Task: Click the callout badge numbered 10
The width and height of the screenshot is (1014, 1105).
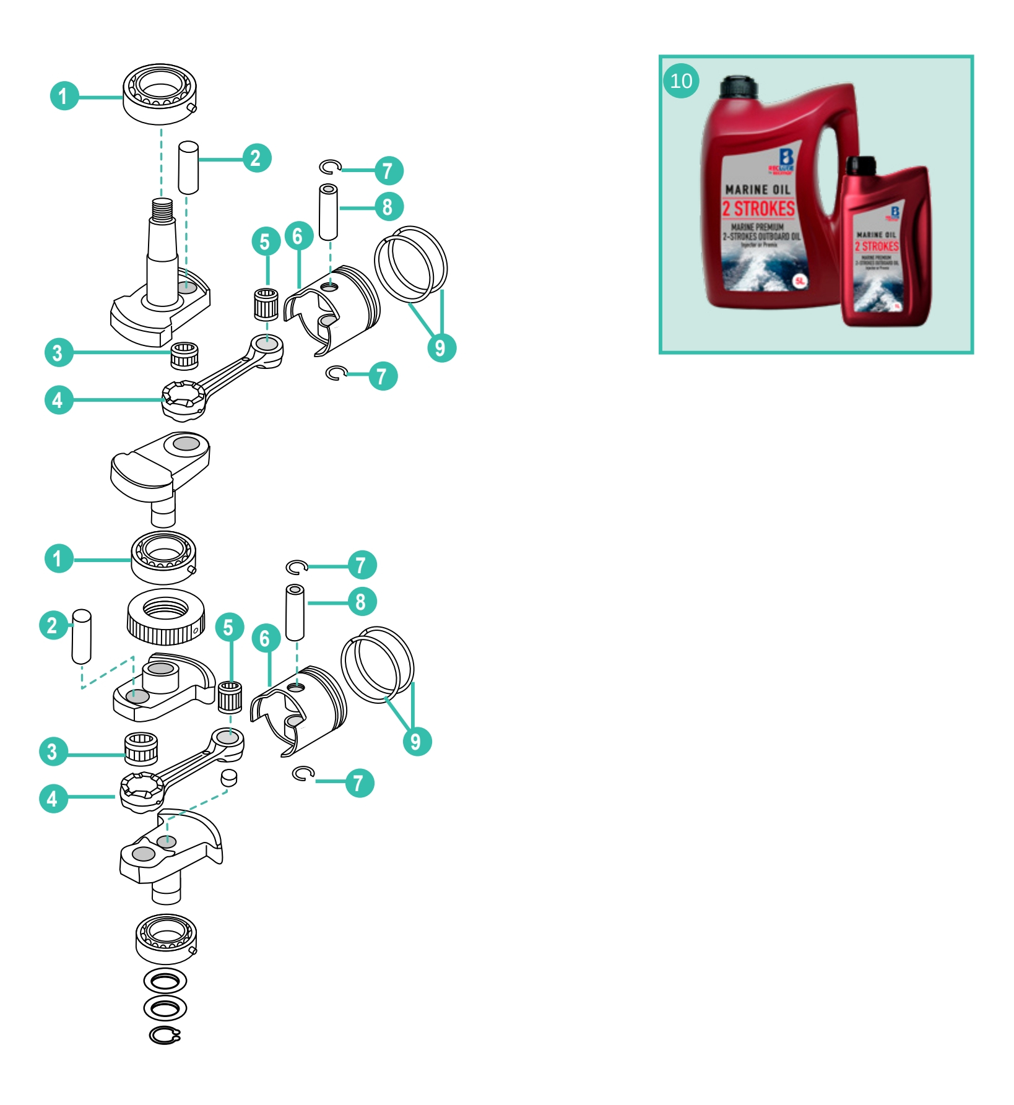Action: point(681,81)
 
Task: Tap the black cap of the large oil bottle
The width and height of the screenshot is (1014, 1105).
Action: point(739,87)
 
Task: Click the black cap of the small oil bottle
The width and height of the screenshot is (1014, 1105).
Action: point(861,165)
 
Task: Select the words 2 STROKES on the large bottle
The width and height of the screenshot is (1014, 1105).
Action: point(758,208)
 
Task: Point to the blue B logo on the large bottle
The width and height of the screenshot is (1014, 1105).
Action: point(786,158)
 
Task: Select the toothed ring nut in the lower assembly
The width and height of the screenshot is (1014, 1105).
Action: point(166,617)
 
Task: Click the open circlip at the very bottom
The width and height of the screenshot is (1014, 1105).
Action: point(165,1035)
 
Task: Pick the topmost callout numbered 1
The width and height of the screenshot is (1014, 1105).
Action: point(64,96)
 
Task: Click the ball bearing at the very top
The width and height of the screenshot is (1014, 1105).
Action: point(160,93)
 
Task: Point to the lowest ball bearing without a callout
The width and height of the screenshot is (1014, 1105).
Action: point(166,938)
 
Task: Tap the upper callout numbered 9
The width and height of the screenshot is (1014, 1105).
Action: point(441,347)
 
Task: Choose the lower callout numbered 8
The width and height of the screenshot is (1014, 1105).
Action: point(361,602)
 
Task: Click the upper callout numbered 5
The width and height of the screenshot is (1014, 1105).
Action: point(266,241)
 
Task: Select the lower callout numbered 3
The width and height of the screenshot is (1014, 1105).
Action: point(53,752)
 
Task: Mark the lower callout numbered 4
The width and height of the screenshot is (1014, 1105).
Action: point(53,798)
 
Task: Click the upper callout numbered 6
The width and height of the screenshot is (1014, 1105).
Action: point(298,236)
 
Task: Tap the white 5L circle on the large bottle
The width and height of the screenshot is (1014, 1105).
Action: point(799,281)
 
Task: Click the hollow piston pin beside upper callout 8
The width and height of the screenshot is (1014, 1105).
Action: point(328,211)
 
